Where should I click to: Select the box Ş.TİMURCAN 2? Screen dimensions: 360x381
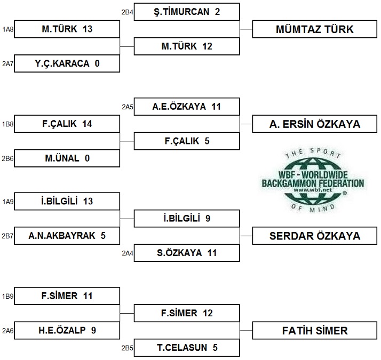(187, 12)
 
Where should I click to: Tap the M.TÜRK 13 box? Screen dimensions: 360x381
(67, 29)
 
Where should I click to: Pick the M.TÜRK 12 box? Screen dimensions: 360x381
(187, 46)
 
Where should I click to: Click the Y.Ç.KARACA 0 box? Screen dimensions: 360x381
(67, 64)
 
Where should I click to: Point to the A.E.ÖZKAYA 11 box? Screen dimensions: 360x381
(187, 107)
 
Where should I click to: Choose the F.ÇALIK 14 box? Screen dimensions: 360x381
(67, 124)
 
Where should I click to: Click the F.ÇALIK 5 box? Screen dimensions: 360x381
(187, 141)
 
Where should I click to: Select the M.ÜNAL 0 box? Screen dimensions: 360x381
(67, 158)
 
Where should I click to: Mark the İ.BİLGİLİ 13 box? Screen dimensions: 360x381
(67, 201)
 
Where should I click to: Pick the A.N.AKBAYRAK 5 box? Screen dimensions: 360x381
(67, 235)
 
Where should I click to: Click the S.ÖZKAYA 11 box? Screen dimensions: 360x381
(187, 253)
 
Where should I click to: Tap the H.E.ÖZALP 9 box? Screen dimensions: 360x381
(67, 330)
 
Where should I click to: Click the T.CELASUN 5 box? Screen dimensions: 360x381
(187, 348)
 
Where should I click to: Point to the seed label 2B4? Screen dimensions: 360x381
(126, 12)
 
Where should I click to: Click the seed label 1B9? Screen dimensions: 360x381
(7, 296)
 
